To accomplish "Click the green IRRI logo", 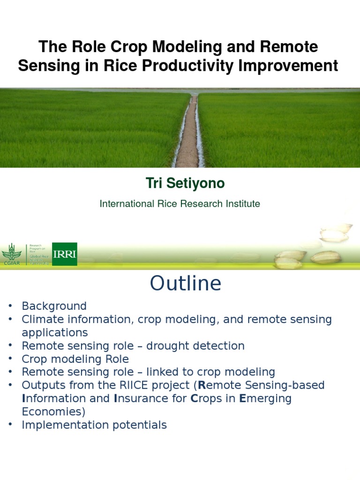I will (65, 254).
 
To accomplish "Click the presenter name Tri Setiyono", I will (185, 184).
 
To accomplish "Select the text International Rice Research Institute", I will (180, 204).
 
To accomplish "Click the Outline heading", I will (185, 284).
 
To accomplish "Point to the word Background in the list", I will (54, 306).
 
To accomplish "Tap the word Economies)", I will (53, 412).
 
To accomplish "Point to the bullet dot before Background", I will (9, 307).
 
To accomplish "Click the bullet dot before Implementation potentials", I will (9, 426).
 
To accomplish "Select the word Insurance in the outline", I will (141, 398).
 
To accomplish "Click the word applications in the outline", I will (54, 333).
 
